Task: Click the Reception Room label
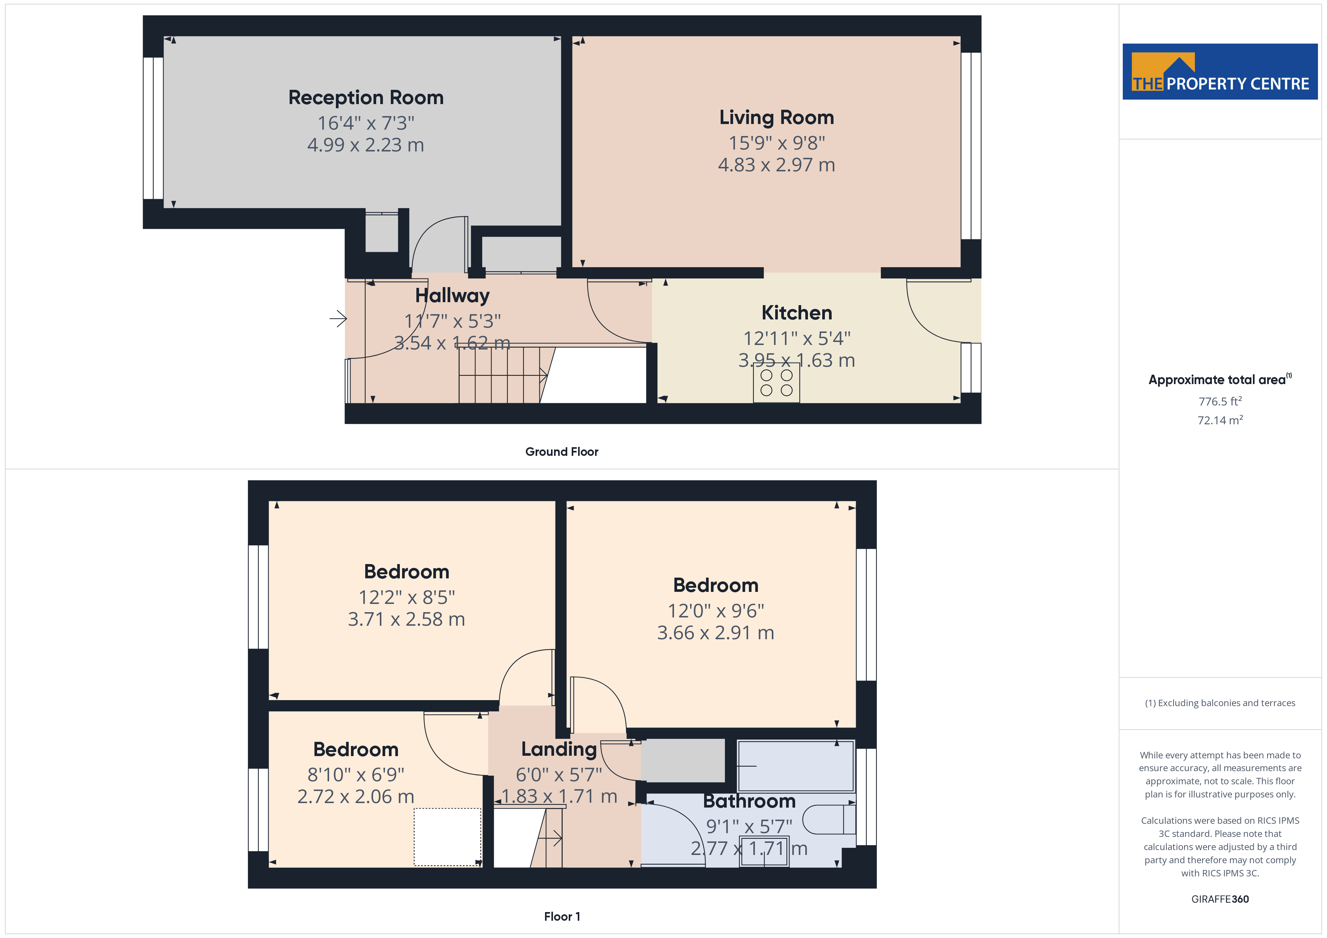coord(366,98)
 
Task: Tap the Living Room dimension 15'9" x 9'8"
coord(777,143)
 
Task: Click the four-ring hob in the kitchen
coord(776,382)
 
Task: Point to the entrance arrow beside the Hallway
coord(338,318)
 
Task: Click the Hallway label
coord(452,296)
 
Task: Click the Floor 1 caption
coord(562,916)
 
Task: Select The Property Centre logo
coord(1219,72)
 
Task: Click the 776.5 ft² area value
coord(1219,401)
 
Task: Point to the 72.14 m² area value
coord(1219,420)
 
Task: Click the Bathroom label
coord(749,802)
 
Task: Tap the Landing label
coord(559,749)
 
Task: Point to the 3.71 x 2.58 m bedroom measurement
coord(406,619)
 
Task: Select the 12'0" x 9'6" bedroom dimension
coord(715,611)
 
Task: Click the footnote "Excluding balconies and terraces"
coord(1219,703)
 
